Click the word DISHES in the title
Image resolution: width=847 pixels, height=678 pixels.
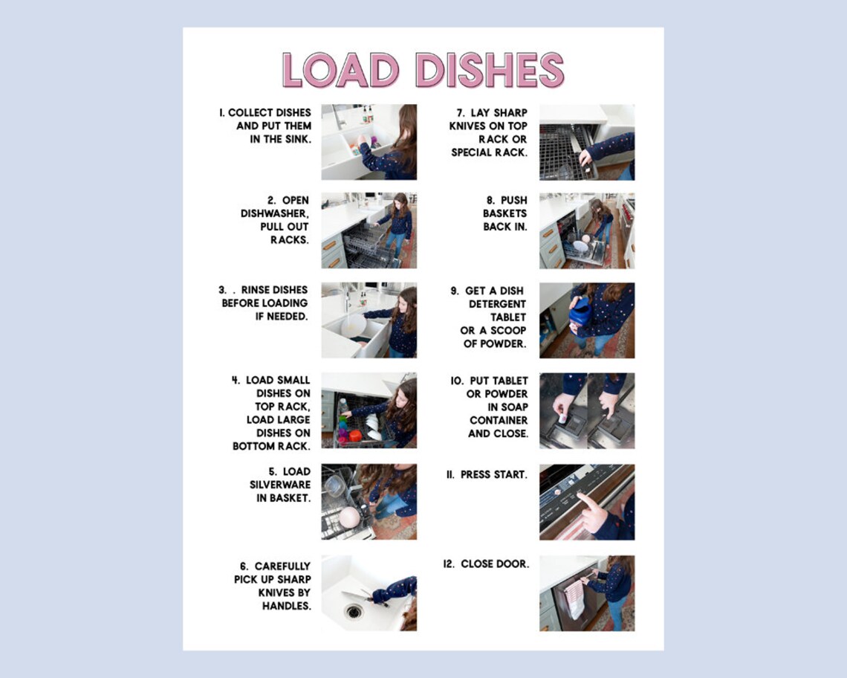(x=489, y=71)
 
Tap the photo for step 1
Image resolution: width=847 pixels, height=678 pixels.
(x=369, y=142)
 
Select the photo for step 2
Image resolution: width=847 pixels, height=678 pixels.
(x=369, y=230)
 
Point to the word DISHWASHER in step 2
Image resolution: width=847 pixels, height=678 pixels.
(x=274, y=213)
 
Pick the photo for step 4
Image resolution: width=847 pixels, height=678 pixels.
(x=369, y=410)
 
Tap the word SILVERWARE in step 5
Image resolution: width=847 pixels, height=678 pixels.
(x=280, y=485)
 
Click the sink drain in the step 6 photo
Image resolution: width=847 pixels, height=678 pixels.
(x=353, y=611)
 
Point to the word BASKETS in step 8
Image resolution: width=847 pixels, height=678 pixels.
(x=504, y=213)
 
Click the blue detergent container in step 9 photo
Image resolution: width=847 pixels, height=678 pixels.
(x=580, y=310)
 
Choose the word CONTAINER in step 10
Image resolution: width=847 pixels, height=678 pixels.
(x=499, y=420)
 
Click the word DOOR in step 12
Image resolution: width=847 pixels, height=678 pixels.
(x=513, y=564)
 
